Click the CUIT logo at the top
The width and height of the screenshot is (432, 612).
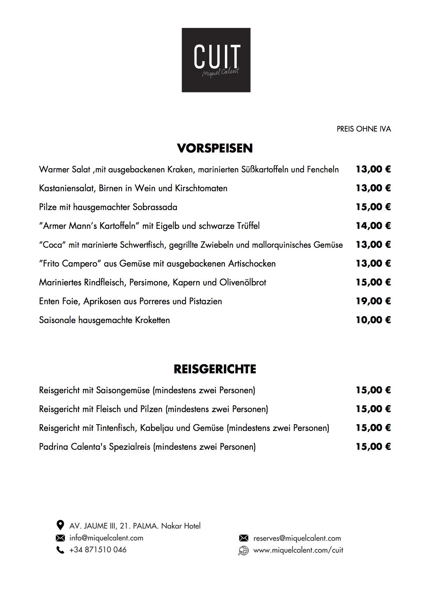pos(216,60)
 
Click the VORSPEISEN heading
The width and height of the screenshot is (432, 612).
pos(215,148)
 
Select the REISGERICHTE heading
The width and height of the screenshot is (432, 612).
pos(215,369)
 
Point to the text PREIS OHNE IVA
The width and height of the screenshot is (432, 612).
pos(364,129)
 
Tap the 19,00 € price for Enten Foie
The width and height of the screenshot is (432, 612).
pos(373,301)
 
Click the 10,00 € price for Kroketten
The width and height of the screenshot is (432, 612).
pos(373,320)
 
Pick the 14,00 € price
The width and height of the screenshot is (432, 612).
pos(373,226)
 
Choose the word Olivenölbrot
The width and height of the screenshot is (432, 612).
pos(243,282)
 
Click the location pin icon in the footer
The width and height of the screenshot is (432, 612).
pos(60,525)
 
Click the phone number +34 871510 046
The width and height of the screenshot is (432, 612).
pos(98,550)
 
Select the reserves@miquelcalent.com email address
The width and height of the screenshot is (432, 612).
pos(297,538)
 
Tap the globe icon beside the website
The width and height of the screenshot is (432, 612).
pos(243,551)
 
